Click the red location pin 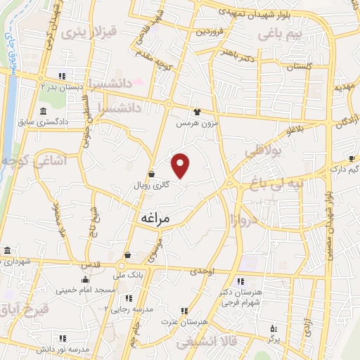181,165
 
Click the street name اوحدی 201,271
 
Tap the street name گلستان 299,65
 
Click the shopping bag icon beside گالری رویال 151,174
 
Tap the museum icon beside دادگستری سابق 44,112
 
